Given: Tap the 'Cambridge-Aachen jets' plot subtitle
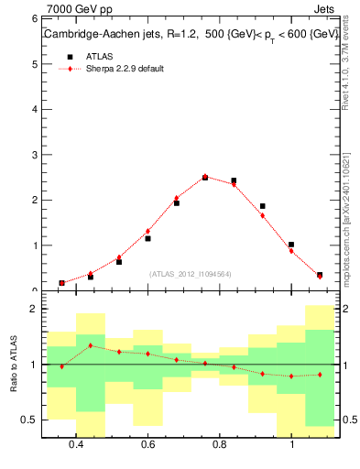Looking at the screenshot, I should pyautogui.click(x=104, y=34).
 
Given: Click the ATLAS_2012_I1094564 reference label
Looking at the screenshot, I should pyautogui.click(x=190, y=274).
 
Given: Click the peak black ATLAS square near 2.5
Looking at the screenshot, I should pyautogui.click(x=205, y=177).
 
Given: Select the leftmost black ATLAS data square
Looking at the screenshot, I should pyautogui.click(x=61, y=283).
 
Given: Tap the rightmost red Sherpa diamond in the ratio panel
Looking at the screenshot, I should pyautogui.click(x=320, y=375).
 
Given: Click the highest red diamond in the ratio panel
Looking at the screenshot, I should pyautogui.click(x=90, y=345).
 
